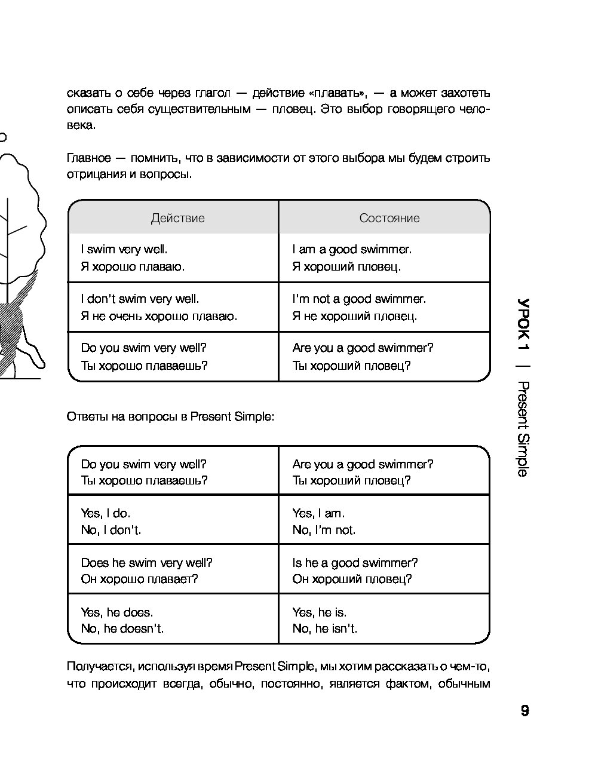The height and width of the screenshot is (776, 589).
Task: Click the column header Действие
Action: (x=177, y=218)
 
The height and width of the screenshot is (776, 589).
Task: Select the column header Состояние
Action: (x=389, y=218)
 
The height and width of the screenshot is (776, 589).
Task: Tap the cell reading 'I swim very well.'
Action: (x=124, y=249)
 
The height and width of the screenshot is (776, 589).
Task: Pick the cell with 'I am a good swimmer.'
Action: (x=352, y=249)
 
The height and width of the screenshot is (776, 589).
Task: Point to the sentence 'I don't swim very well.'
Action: (x=140, y=299)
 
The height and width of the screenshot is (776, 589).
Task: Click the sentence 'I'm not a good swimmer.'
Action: (x=359, y=299)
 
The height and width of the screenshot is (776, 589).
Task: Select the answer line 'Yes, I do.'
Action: (x=106, y=513)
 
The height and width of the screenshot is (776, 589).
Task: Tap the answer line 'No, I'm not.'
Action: (x=324, y=530)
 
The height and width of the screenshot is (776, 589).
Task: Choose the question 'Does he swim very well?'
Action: (x=146, y=563)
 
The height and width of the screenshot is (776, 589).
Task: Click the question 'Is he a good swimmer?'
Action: (x=355, y=563)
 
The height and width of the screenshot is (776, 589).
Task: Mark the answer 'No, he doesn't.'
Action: (x=122, y=628)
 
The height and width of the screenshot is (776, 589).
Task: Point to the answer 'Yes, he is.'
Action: (x=320, y=612)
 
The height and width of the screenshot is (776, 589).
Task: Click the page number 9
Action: (x=524, y=711)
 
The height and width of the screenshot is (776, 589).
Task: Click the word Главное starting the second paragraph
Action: (x=89, y=158)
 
